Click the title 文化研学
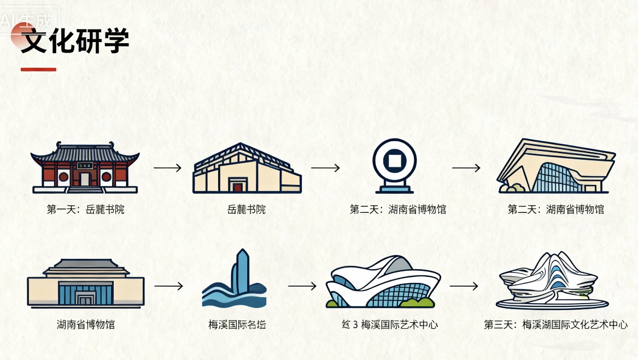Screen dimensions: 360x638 (x=75, y=41)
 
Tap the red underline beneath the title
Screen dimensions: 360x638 (x=38, y=69)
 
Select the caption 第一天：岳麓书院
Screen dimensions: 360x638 (x=85, y=209)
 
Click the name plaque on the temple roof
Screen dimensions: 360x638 (x=85, y=165)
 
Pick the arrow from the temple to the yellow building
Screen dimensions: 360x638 (x=167, y=167)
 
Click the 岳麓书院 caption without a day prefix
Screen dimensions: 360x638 (x=246, y=209)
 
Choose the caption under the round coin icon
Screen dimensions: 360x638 (x=398, y=209)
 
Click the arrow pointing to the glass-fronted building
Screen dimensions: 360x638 (x=466, y=167)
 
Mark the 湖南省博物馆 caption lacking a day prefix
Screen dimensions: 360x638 (x=86, y=324)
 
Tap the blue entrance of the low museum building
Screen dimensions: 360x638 (x=86, y=295)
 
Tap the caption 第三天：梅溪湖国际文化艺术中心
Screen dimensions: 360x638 (x=555, y=324)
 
